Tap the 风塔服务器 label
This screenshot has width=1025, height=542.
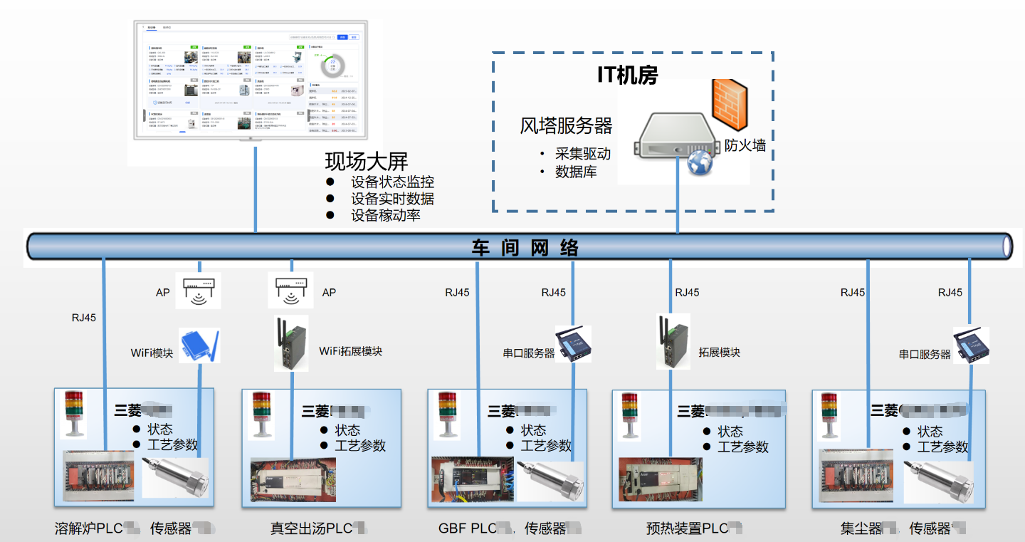point(566,127)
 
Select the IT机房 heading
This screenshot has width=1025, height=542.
point(627,75)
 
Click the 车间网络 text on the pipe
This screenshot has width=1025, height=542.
point(525,247)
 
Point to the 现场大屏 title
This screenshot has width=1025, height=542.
point(366,161)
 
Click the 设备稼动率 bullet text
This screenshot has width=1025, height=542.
point(385,215)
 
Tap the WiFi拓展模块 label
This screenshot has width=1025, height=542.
point(350,351)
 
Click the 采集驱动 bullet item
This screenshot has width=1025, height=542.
point(583,154)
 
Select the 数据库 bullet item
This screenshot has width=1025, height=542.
point(576,172)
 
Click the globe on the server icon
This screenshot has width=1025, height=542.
point(700,163)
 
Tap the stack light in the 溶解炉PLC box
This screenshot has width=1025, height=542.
point(74,414)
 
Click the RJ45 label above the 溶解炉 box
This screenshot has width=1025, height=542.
point(83,318)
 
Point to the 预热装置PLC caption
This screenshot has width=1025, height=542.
point(687,528)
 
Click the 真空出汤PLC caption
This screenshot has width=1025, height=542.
point(311,528)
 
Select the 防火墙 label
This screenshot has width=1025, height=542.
point(745,145)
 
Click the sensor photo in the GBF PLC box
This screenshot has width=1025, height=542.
point(550,481)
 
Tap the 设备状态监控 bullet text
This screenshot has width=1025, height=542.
point(392,182)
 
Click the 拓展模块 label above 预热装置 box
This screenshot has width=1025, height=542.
point(719,353)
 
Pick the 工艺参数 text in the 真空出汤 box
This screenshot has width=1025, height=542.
point(360,446)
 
